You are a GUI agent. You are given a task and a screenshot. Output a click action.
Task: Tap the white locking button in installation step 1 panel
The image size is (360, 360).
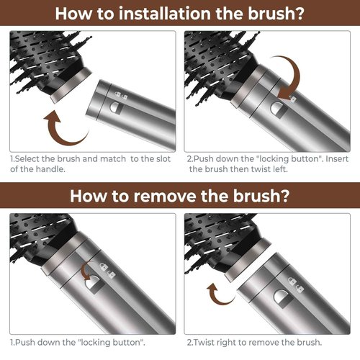[116, 107]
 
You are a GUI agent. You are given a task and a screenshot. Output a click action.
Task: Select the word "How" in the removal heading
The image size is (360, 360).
[86, 195]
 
